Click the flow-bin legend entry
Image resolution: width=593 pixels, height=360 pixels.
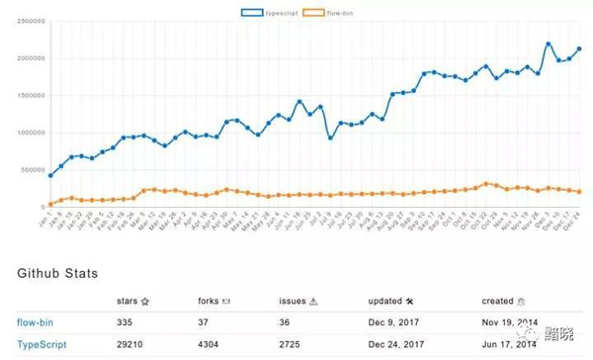click(x=329, y=12)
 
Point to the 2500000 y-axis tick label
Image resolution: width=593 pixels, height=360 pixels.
click(x=26, y=20)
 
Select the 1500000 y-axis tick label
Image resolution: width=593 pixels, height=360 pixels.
click(x=26, y=95)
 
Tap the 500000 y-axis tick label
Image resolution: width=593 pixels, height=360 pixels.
click(x=28, y=169)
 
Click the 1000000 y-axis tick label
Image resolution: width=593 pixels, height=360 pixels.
click(x=26, y=133)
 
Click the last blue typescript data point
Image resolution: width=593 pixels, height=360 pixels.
click(x=579, y=48)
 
